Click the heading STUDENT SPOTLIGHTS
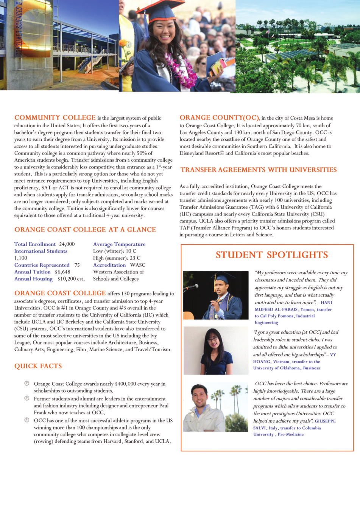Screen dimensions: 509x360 click(x=271, y=255)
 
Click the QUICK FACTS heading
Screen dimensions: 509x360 click(x=38, y=366)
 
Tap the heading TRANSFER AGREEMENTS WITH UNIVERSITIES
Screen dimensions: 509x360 click(x=259, y=170)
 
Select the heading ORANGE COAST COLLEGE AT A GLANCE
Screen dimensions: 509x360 click(x=85, y=230)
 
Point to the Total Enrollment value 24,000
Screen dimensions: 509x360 click(x=67, y=244)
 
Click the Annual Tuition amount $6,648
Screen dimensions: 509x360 click(x=62, y=272)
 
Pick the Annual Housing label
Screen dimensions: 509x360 click(x=33, y=279)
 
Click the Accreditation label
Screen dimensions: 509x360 click(x=109, y=265)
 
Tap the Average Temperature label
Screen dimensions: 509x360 click(x=119, y=244)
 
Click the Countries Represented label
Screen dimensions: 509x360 click(x=42, y=265)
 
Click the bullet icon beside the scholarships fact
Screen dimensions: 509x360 click(x=27, y=383)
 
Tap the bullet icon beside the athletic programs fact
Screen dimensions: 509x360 click(x=27, y=420)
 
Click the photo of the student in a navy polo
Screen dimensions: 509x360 click(x=216, y=350)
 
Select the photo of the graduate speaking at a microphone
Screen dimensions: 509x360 click(x=216, y=295)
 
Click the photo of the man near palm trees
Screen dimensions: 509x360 click(x=216, y=407)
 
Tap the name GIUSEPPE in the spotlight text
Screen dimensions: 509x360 click(x=325, y=421)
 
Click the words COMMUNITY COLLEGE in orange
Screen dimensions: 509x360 click(x=55, y=117)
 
